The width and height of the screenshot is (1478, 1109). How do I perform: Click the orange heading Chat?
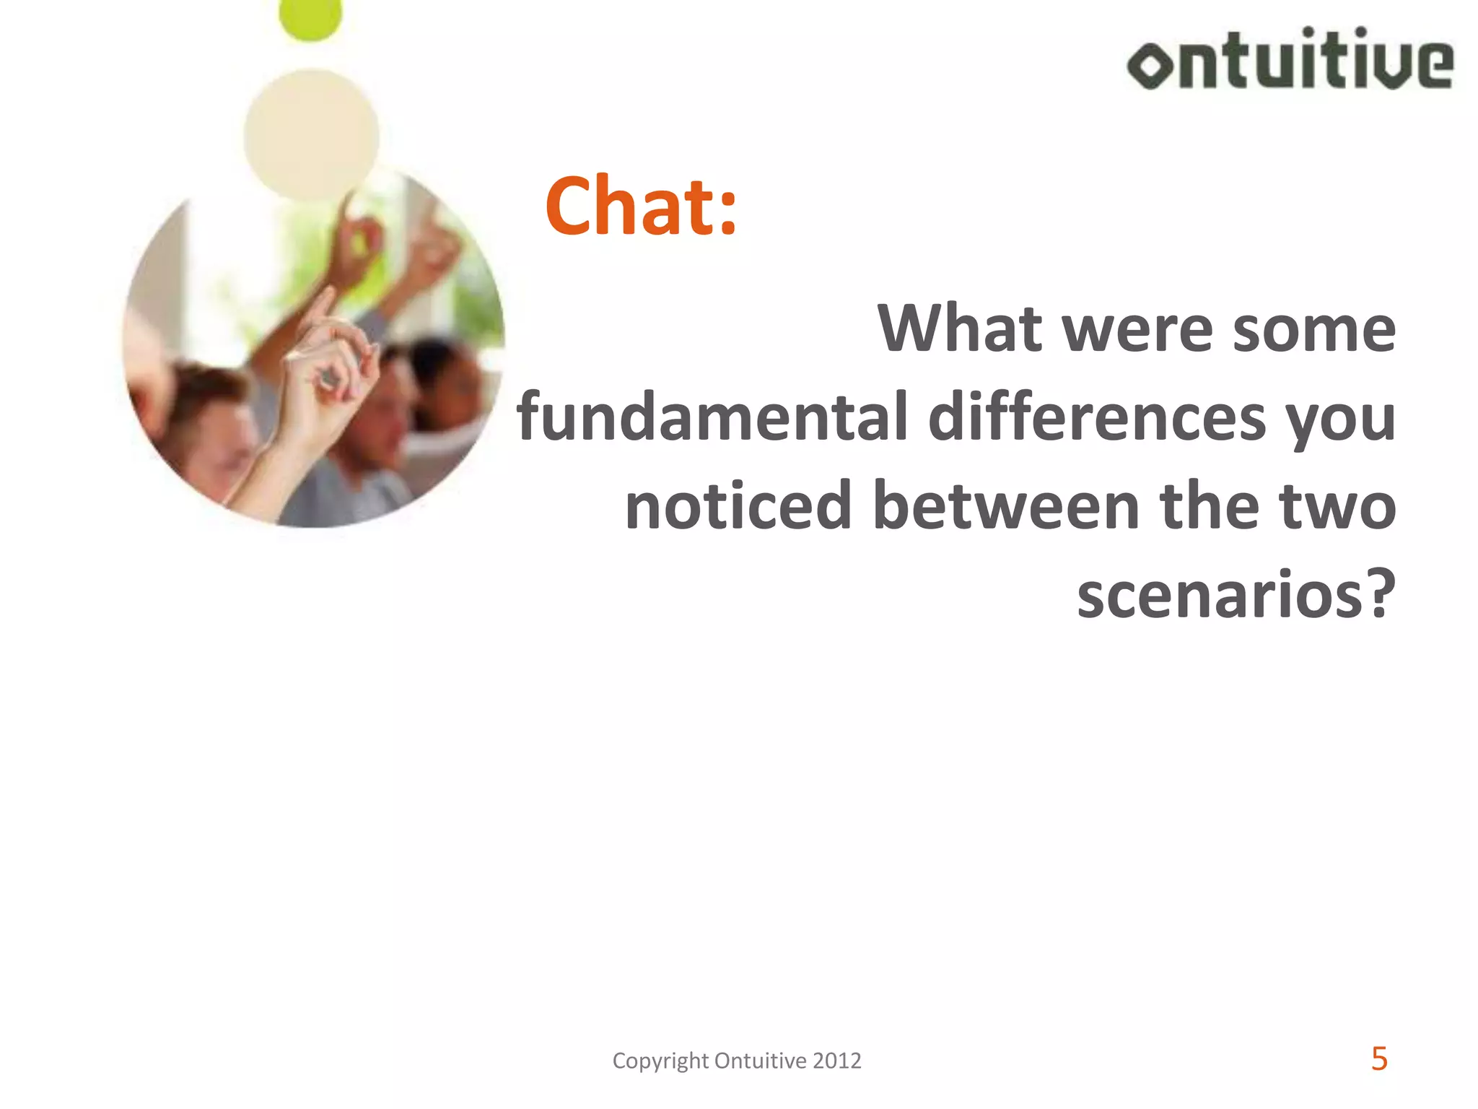(x=641, y=207)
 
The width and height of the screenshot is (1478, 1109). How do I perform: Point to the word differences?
(x=1097, y=417)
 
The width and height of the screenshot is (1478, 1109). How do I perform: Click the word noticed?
(x=738, y=506)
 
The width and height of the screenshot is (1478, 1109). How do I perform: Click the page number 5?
(x=1379, y=1059)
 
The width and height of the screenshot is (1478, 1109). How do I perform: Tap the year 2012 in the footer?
(x=836, y=1061)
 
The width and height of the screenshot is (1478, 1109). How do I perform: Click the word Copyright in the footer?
(x=660, y=1061)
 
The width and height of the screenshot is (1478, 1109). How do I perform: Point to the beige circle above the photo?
(x=311, y=135)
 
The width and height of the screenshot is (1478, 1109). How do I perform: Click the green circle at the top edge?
(x=310, y=17)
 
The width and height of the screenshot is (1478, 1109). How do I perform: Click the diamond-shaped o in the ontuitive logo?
(x=1150, y=65)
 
